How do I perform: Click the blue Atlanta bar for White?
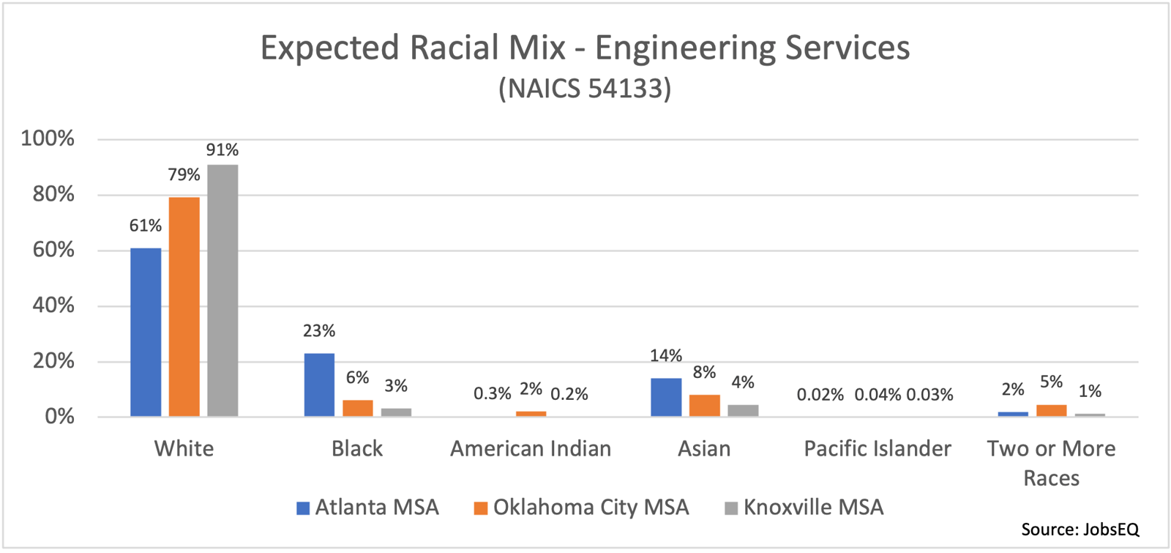146,333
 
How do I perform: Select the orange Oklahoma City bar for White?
184,307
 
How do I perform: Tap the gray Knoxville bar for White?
222,291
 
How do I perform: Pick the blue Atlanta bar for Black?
319,385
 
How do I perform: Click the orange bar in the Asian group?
704,406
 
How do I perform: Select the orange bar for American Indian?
531,414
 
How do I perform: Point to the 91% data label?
222,150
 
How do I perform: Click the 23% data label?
319,331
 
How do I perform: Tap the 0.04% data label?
878,396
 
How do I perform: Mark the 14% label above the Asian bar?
666,356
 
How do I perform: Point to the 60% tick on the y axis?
53,250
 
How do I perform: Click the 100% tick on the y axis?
48,138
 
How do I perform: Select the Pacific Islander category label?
878,449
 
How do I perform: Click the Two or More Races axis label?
1051,463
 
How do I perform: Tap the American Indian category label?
531,449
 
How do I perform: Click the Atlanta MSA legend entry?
367,508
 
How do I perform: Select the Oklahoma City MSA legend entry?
582,508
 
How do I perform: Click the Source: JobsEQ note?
1080,530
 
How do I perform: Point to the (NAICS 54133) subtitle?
585,89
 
